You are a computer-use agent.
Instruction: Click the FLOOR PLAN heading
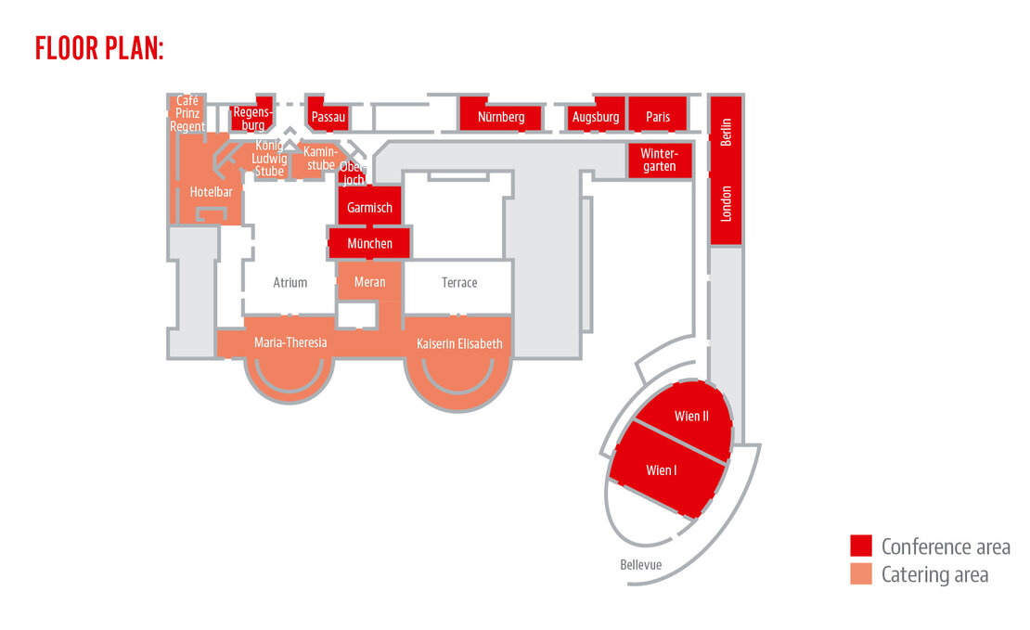99,47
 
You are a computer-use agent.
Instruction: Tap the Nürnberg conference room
501,117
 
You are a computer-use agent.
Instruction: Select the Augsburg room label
596,117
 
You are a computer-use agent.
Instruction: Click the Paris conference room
658,117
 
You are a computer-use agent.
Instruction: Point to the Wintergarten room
659,160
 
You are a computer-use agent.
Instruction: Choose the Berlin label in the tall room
727,131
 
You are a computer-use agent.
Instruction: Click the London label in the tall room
727,203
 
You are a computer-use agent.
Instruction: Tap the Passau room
328,117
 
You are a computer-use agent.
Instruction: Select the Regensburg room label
251,118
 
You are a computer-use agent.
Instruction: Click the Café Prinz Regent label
187,113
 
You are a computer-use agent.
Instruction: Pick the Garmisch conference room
369,208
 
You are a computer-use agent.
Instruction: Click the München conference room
369,243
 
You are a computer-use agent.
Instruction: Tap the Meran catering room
369,282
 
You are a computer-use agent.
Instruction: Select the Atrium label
290,282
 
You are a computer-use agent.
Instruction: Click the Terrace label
459,282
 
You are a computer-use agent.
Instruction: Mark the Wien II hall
691,416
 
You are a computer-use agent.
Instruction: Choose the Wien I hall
662,470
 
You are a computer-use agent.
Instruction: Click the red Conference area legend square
861,546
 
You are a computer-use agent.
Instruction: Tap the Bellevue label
642,564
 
